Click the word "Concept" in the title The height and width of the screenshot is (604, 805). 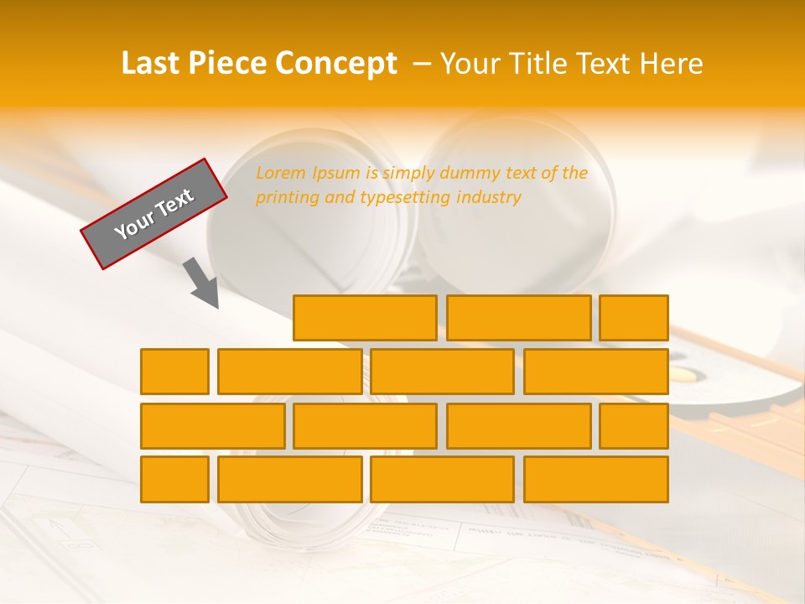[x=336, y=64]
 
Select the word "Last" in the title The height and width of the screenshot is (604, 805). [x=152, y=64]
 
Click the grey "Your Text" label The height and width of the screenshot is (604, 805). [x=154, y=214]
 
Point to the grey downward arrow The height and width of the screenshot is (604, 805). [x=202, y=283]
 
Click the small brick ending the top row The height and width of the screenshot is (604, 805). [x=634, y=318]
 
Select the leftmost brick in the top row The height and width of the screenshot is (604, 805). [x=365, y=318]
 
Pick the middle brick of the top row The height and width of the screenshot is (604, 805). [x=518, y=318]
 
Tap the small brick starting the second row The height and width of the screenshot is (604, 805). [x=174, y=372]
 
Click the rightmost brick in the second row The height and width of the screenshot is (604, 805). [x=595, y=372]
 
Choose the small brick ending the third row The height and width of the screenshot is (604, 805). [x=634, y=426]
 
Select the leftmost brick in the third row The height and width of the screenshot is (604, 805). [x=212, y=426]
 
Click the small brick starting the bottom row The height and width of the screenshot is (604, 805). [x=174, y=480]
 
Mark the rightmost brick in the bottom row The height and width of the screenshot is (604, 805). [x=595, y=480]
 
